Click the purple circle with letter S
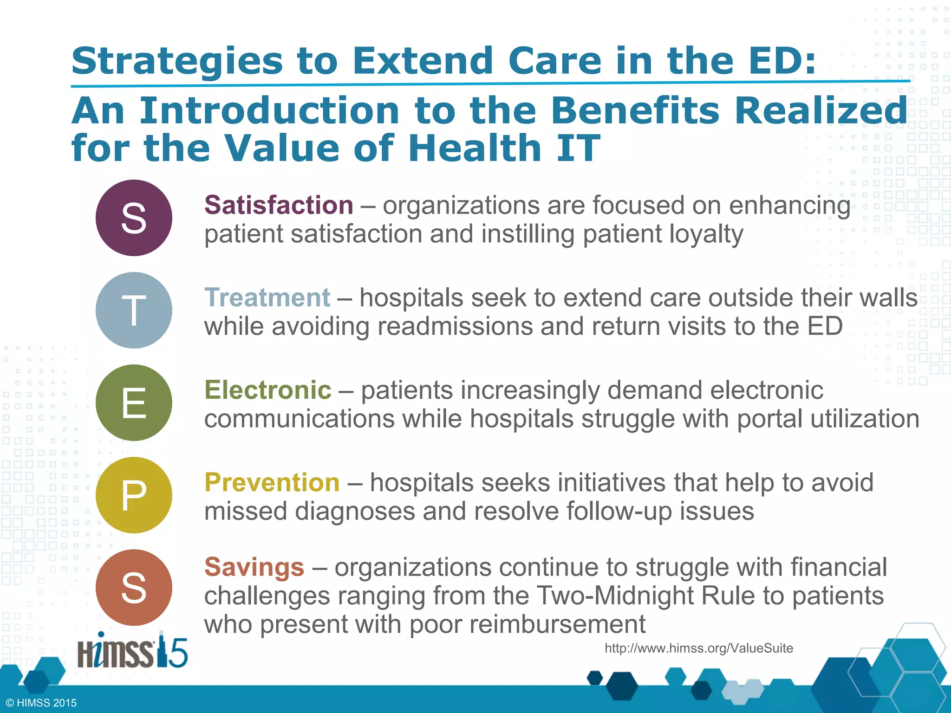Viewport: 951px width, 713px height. click(x=134, y=218)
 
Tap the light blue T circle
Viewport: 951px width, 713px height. click(x=134, y=310)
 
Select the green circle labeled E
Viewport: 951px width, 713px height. click(x=134, y=402)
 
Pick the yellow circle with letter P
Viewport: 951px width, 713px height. click(x=134, y=495)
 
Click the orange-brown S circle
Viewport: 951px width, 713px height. click(x=134, y=587)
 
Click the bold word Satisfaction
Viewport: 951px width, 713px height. click(x=279, y=205)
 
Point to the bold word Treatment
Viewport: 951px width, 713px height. click(x=267, y=298)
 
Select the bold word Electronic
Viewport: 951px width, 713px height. click(x=268, y=390)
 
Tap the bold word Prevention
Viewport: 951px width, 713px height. click(x=272, y=483)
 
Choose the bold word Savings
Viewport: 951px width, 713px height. click(x=254, y=567)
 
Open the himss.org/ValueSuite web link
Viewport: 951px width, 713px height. click(x=698, y=648)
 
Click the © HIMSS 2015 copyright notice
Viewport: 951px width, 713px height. click(x=41, y=703)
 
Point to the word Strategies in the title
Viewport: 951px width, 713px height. click(x=177, y=61)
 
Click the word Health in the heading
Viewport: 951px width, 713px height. click(x=475, y=149)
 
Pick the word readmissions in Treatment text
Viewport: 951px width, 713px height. click(x=455, y=326)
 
